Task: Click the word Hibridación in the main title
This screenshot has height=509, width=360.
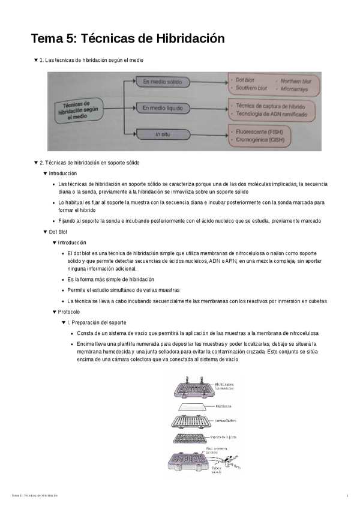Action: pos(190,39)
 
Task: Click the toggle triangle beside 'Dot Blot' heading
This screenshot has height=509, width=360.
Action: pos(45,232)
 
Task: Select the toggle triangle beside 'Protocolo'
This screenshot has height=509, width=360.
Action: pos(55,312)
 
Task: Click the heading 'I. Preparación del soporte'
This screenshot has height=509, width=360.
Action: pos(97,322)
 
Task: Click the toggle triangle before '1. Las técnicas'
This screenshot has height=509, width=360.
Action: pos(35,60)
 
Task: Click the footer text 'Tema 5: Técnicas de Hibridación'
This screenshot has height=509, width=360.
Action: pos(34,495)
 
